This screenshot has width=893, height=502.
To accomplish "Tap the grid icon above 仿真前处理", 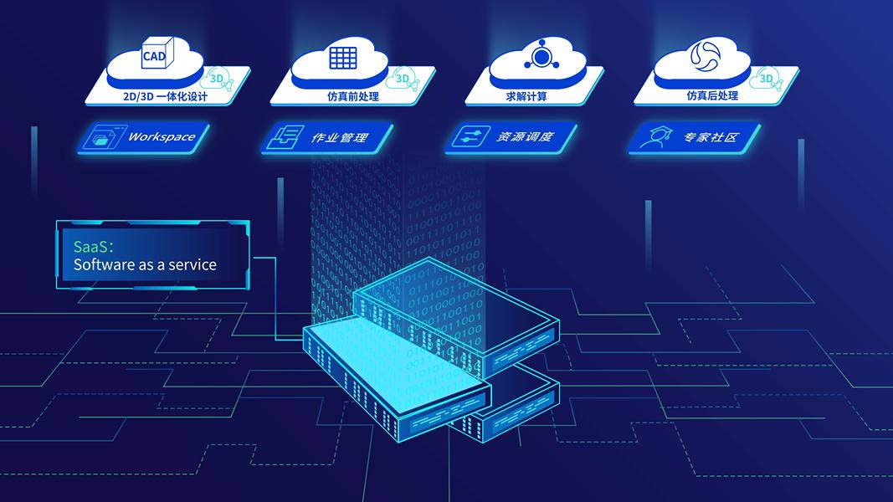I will coord(342,57).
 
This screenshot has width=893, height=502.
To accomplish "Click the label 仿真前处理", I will coord(353,96).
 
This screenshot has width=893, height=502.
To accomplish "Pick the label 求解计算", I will coord(526,96).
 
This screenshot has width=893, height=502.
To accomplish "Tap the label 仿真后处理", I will coord(712,96).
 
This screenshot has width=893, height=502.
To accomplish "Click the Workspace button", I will coord(147,137).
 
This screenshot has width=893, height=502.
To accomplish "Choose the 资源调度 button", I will coord(512,137).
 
